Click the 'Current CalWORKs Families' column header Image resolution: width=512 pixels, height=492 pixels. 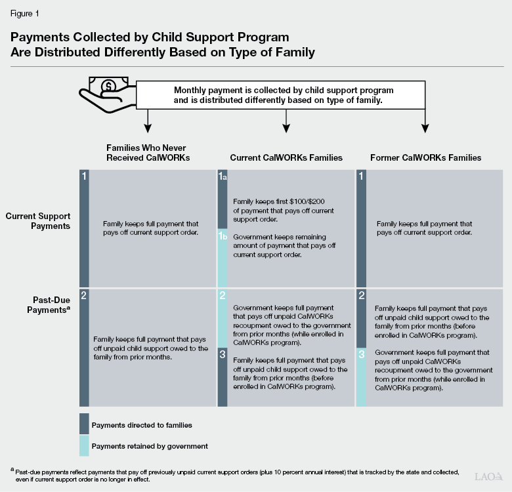pyautogui.click(x=286, y=157)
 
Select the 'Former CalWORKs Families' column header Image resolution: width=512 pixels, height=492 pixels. pyautogui.click(x=425, y=157)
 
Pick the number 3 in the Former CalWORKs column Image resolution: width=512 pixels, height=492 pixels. pyautogui.click(x=361, y=354)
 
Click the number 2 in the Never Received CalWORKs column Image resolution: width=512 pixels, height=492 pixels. pyautogui.click(x=83, y=296)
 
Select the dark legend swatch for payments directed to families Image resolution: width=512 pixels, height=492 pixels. pyautogui.click(x=84, y=424)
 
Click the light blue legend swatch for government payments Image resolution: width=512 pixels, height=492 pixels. pyautogui.click(x=84, y=446)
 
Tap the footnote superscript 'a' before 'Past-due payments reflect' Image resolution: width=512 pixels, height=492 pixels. pyautogui.click(x=12, y=470)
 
